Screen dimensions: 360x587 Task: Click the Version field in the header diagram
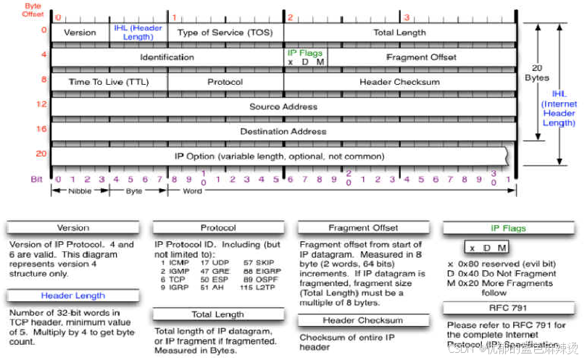pos(80,33)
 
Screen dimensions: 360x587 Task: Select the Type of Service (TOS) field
pos(225,33)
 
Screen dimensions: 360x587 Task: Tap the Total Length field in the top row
pos(399,33)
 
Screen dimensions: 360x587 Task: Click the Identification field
pos(167,57)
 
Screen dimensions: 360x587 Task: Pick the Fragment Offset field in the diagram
pos(421,57)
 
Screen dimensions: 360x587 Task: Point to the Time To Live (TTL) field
pos(109,82)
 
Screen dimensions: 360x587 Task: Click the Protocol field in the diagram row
pos(225,82)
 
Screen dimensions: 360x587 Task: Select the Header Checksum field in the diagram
pos(399,82)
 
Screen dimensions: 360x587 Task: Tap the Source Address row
pos(283,106)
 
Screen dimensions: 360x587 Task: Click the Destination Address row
pos(283,132)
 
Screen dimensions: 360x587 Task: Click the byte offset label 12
pos(43,104)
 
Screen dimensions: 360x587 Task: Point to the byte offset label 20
pos(41,154)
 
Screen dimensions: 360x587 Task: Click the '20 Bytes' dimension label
pos(537,73)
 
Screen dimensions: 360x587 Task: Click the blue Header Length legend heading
pos(72,296)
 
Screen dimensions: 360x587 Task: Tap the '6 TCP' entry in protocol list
pos(172,278)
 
